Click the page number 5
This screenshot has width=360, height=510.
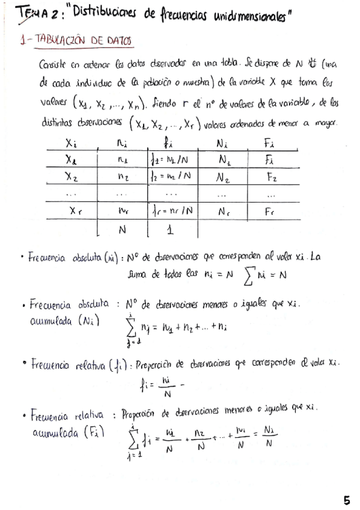pos(347,500)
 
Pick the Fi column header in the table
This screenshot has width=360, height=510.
pos(269,144)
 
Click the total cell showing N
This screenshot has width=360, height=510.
pos(122,230)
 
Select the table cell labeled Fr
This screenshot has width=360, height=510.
pos(269,212)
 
